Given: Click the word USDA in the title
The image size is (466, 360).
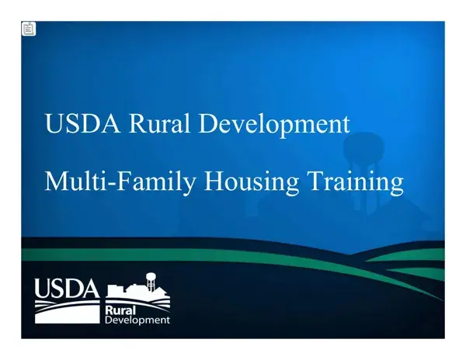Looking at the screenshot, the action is click(83, 123).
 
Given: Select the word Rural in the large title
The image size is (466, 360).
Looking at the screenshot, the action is click(159, 123).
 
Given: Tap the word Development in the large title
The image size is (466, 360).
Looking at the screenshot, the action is click(274, 125).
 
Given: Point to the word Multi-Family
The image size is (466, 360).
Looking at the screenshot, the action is click(120, 182).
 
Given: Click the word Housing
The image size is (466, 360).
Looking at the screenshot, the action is click(252, 182).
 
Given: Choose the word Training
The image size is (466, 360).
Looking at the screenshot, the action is click(356, 182).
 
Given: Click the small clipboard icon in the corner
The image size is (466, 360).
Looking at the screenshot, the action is click(29, 29).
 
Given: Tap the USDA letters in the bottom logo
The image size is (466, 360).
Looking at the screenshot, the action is click(67, 288).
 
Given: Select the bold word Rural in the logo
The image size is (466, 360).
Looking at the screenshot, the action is click(120, 310).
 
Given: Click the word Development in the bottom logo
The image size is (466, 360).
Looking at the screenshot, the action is click(137, 320).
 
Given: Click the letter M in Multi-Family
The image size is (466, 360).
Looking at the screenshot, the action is click(56, 181).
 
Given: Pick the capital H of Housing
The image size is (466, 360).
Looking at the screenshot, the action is click(215, 181).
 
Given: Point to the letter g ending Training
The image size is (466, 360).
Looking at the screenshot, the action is click(397, 187).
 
